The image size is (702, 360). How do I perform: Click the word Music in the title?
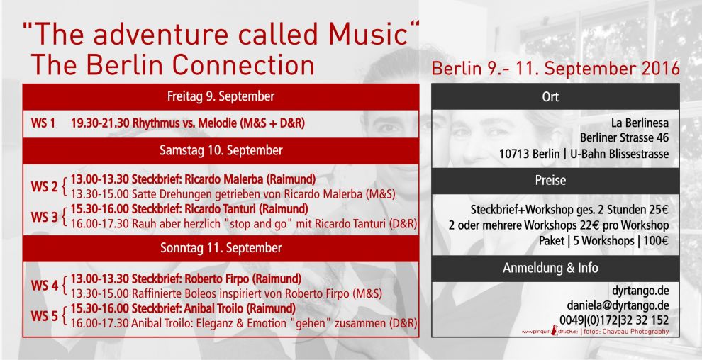click(367, 34)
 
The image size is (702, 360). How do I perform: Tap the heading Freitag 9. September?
click(221, 96)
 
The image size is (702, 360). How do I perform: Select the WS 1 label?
click(43, 123)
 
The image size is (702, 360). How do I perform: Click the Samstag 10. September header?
click(221, 150)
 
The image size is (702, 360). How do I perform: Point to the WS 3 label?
click(45, 217)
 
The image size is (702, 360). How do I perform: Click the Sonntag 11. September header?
click(221, 248)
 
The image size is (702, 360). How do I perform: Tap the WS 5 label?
click(45, 316)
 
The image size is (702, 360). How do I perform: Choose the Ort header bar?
click(555, 96)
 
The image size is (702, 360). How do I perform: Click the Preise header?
click(555, 181)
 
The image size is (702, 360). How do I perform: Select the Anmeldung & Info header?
click(555, 269)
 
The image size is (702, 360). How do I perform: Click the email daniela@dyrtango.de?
click(618, 305)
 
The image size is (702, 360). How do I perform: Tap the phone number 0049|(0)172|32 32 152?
click(614, 320)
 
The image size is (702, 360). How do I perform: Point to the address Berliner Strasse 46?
click(625, 137)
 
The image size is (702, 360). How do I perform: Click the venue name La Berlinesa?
click(640, 123)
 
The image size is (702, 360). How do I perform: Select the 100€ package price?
click(656, 241)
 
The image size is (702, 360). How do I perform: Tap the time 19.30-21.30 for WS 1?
click(100, 123)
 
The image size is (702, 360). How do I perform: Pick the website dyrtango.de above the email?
click(641, 291)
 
